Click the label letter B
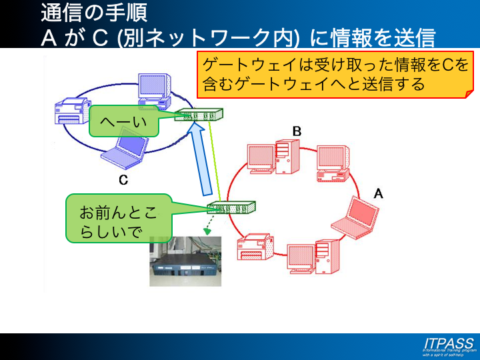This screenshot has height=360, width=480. tap(297, 131)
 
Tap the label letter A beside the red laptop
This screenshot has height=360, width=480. tap(378, 193)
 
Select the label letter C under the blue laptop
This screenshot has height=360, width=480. tap(123, 179)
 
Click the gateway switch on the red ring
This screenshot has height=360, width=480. tap(231, 207)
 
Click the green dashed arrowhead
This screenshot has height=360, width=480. tap(207, 231)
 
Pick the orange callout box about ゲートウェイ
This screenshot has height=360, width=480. tap(333, 75)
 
